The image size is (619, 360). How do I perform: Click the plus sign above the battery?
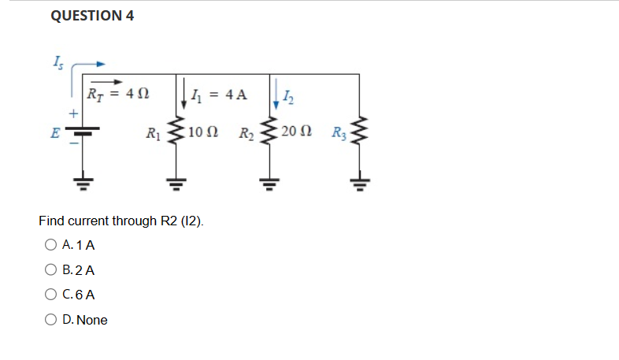tap(72, 115)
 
